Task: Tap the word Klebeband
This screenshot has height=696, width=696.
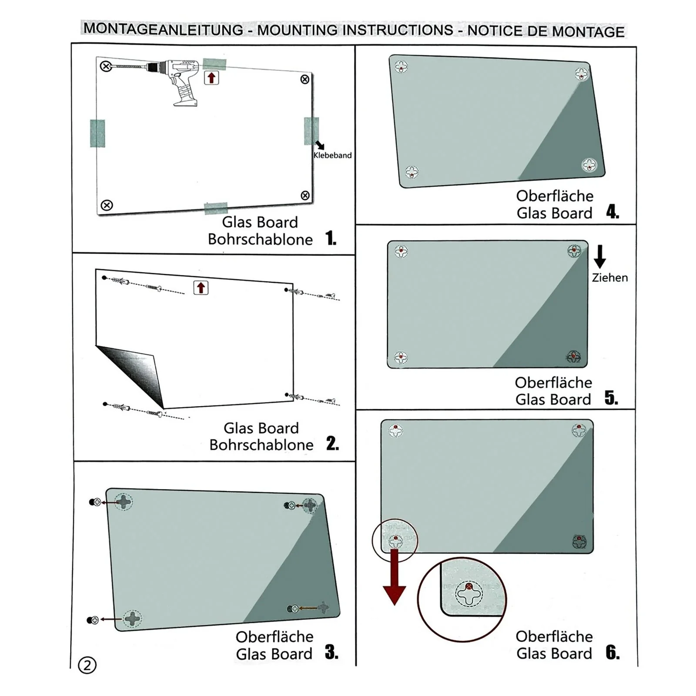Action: coord(332,155)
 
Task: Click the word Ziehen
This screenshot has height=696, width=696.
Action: coord(609,278)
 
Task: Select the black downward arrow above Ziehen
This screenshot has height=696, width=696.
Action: coord(599,257)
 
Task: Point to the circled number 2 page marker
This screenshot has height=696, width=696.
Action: coord(87,665)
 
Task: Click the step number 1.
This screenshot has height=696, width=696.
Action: coord(331,238)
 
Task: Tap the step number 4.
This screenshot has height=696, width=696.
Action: coord(612,212)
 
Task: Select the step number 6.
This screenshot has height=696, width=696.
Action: coord(612,652)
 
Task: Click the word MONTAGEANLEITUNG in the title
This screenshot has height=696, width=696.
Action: coord(164,29)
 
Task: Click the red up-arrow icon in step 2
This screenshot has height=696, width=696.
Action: coord(201,288)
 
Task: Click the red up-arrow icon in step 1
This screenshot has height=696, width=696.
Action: coord(211,78)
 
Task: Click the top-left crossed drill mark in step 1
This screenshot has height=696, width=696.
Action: coord(106,66)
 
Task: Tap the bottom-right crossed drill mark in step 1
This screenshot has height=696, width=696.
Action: coord(305,196)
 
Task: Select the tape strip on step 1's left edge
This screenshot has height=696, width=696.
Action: coord(97,133)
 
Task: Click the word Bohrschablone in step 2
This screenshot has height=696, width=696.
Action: coord(261,445)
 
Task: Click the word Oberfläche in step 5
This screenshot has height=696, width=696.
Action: coord(553,383)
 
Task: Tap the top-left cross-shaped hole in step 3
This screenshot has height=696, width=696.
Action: coord(124,502)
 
